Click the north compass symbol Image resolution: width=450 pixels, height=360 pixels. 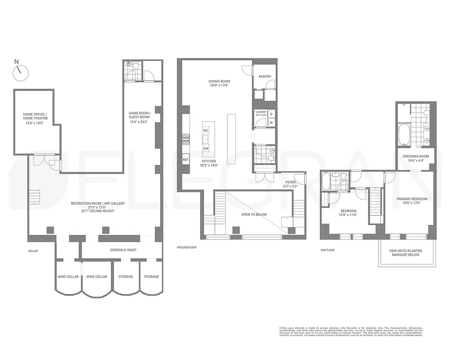point(20,72)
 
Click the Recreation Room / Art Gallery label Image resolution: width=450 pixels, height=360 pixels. point(97,206)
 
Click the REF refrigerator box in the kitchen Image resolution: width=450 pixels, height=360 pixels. point(185,160)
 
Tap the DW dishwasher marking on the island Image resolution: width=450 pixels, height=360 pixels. point(206,148)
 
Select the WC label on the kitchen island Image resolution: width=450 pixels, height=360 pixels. point(206,130)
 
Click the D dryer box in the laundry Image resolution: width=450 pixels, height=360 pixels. point(271,114)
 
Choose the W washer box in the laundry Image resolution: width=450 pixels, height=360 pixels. point(271,122)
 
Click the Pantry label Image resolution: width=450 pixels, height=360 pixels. point(265,76)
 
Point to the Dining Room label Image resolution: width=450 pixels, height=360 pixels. point(219,83)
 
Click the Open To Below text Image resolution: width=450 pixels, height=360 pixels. point(254,214)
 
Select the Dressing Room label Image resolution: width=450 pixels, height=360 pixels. point(416,158)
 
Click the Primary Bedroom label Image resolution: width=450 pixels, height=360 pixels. point(412,201)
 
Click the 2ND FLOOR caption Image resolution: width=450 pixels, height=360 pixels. point(327,250)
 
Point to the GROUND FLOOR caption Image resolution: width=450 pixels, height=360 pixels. point(187,247)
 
